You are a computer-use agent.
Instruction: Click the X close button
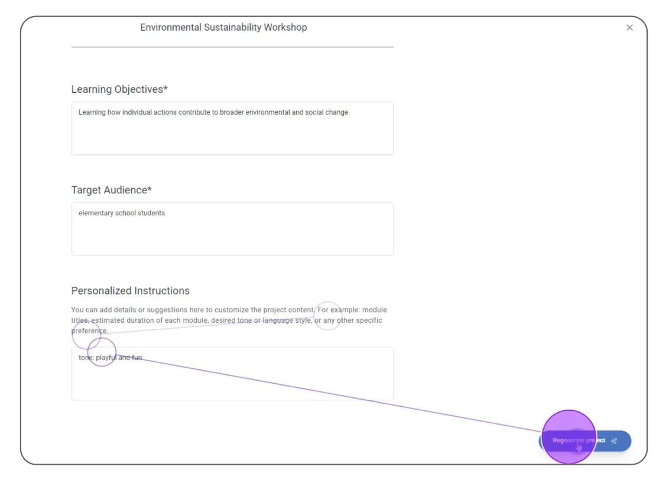(629, 28)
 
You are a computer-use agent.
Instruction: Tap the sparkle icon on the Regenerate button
(615, 441)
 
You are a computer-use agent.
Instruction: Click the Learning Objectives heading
(119, 89)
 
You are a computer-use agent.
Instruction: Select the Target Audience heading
(111, 190)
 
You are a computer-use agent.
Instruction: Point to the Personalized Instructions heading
(130, 291)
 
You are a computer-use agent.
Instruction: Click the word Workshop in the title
(285, 27)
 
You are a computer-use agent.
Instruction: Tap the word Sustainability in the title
(233, 27)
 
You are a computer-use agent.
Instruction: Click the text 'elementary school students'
(121, 213)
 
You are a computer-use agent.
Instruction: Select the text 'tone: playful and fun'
(110, 358)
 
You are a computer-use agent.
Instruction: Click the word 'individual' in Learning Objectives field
(137, 112)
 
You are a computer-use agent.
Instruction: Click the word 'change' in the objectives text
(336, 112)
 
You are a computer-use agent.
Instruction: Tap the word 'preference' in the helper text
(89, 331)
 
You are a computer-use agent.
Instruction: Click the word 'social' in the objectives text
(314, 112)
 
